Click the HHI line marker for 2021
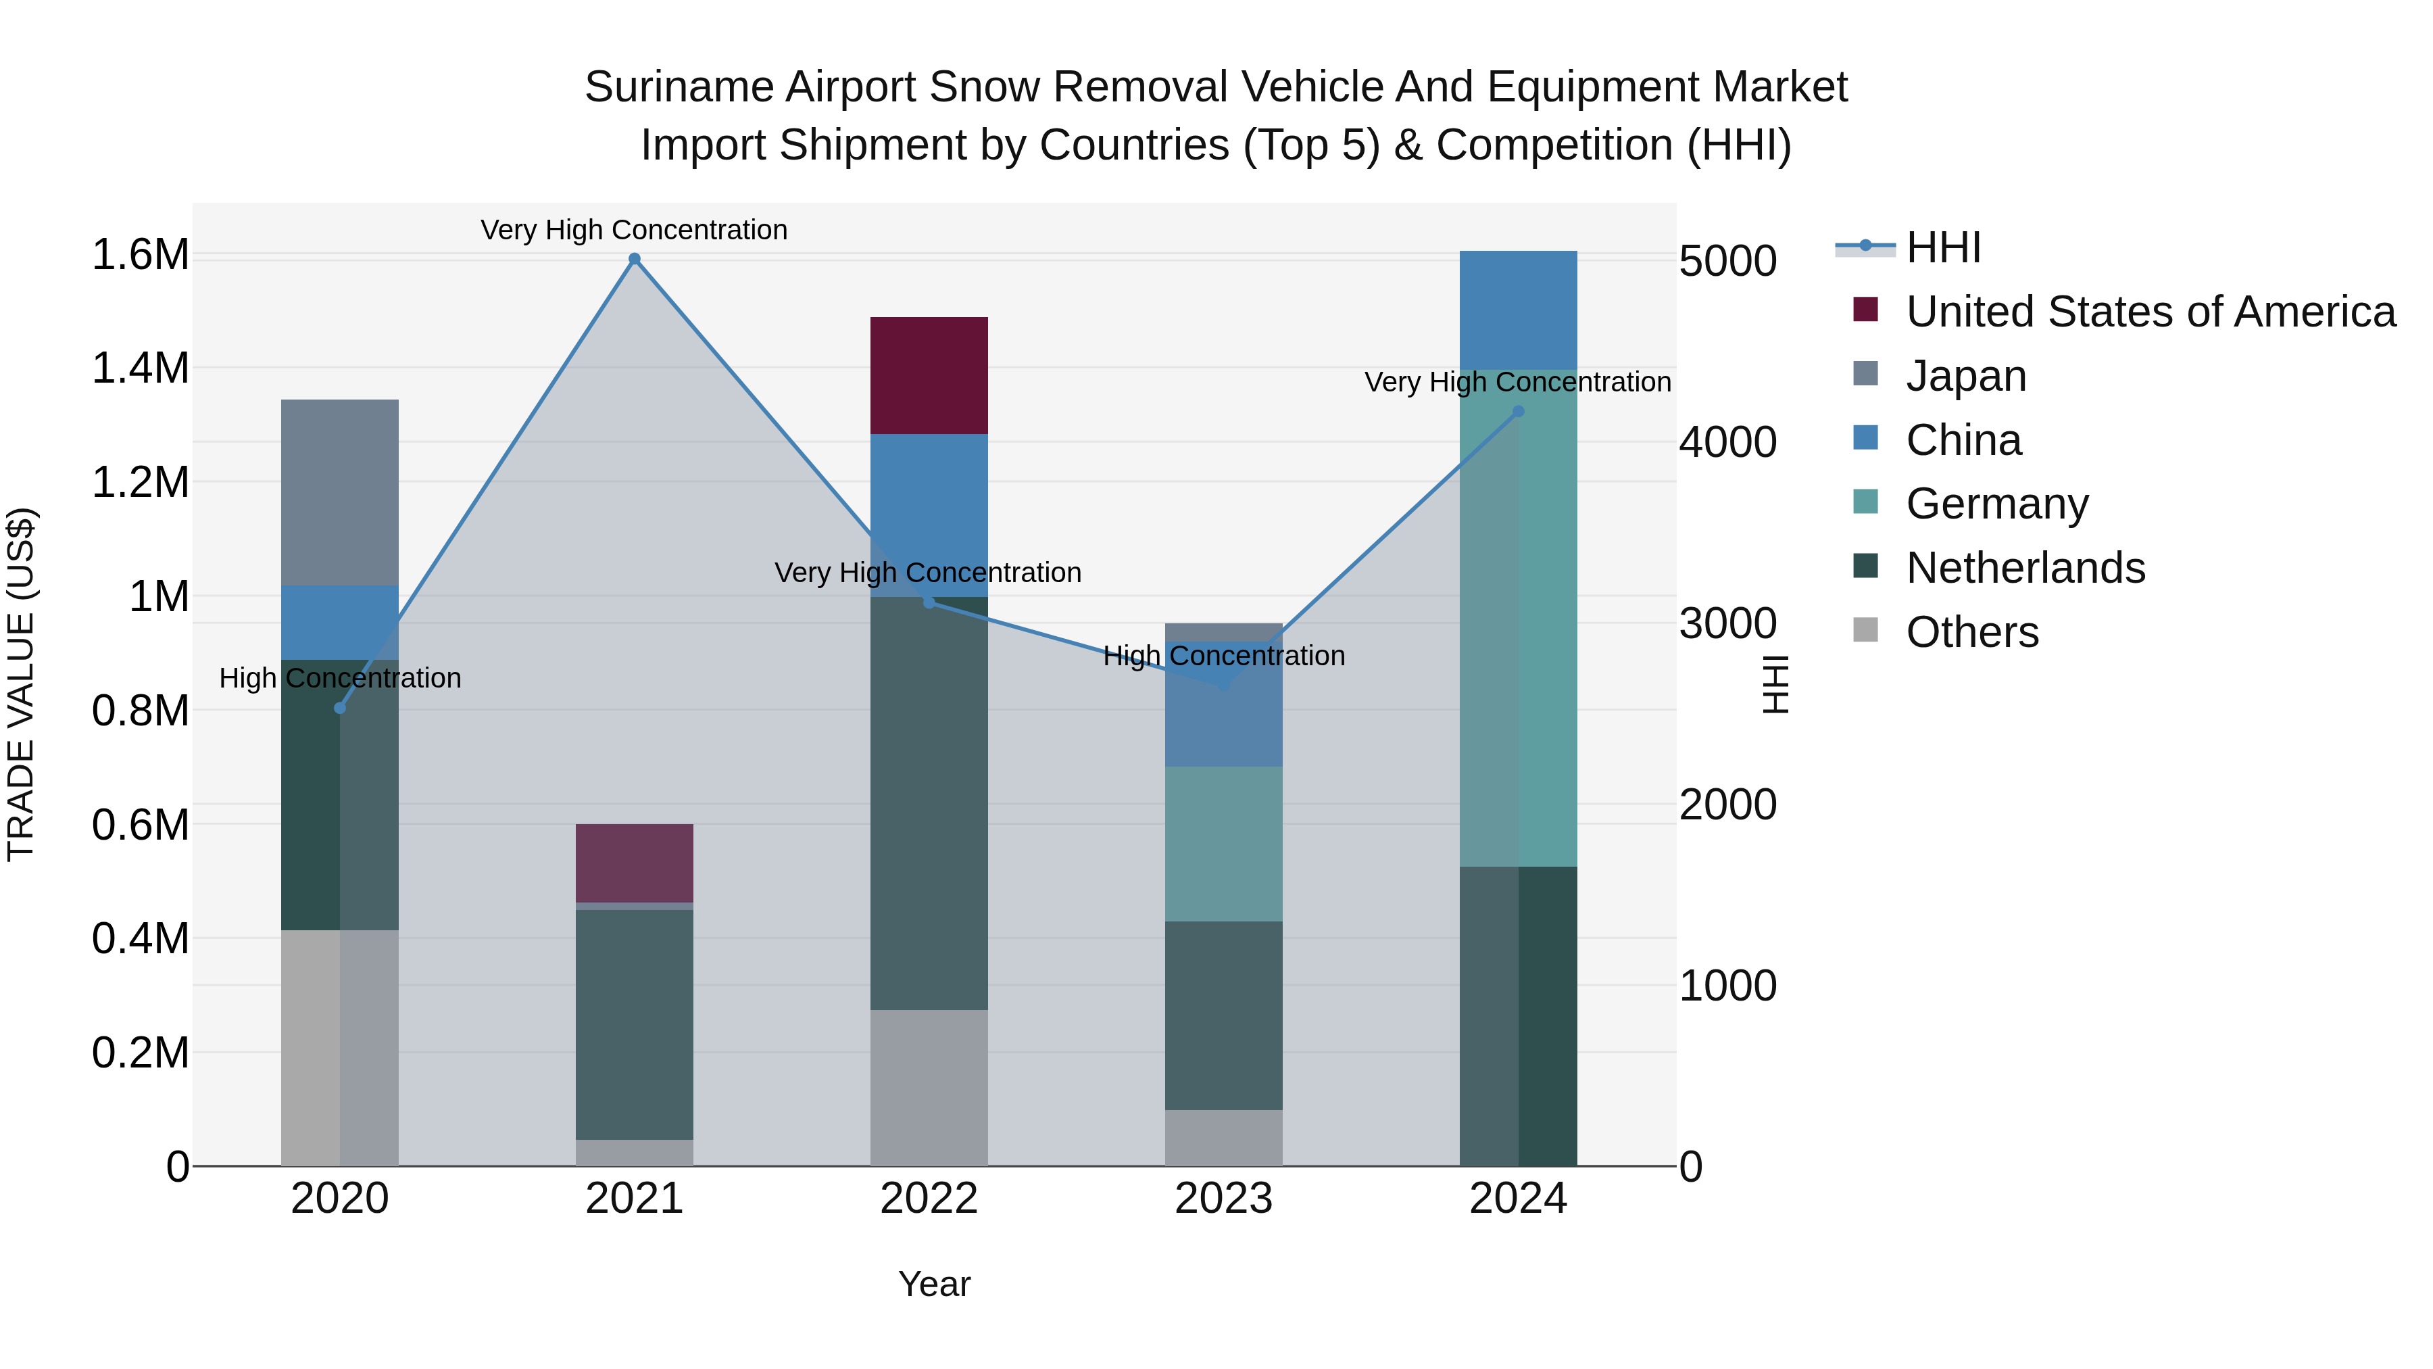pos(635,259)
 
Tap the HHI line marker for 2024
pos(1519,411)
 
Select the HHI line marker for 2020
pos(340,708)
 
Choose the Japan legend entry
pos(1965,376)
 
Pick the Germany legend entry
pos(1996,504)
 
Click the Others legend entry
pos(1972,632)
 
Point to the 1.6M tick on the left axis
pos(140,255)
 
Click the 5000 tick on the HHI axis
pos(1728,261)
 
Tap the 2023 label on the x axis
pos(1223,1199)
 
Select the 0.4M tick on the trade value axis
pos(140,939)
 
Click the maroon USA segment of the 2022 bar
pos(929,375)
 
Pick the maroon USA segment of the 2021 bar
pos(635,863)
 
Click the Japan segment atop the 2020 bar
pos(340,492)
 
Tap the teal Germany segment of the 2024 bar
pos(1519,618)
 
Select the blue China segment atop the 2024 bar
pos(1519,310)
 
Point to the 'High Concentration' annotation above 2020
pos(340,678)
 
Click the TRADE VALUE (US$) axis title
pos(21,684)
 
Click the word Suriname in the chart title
pos(678,88)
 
